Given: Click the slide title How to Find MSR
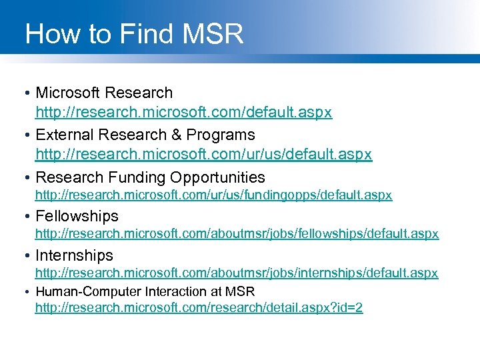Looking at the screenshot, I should click(x=134, y=33).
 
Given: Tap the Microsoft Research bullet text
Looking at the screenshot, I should click(x=104, y=93).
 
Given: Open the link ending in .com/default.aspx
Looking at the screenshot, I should click(x=183, y=113).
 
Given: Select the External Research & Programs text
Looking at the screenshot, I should click(x=145, y=135).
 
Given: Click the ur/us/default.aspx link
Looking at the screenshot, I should click(x=203, y=155).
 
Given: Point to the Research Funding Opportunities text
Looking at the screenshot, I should click(x=150, y=177).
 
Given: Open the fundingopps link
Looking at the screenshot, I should click(x=213, y=195).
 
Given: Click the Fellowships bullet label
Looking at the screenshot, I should click(x=77, y=216).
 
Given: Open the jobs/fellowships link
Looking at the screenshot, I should click(x=237, y=234).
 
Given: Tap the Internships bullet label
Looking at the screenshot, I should click(x=74, y=255).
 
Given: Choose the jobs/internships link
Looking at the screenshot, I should click(x=237, y=273).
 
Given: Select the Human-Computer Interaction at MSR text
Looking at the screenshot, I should click(x=145, y=291).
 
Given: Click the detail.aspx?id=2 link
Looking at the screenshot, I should click(x=199, y=308).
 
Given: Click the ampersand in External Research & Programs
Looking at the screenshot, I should click(x=177, y=135).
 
